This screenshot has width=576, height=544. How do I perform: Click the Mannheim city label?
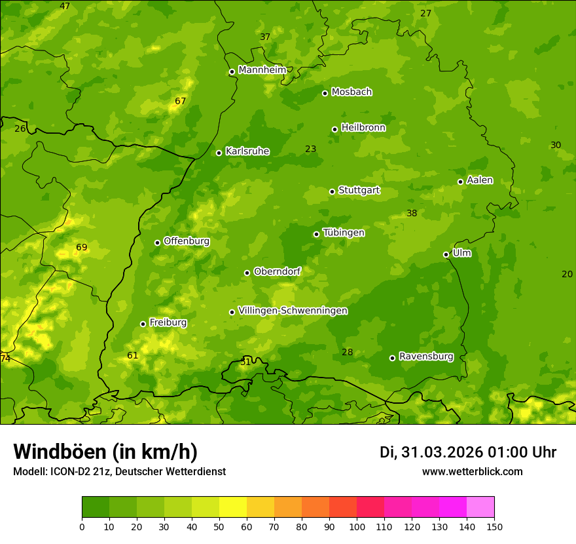point(262,70)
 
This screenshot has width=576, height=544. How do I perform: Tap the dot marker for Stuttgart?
point(333,191)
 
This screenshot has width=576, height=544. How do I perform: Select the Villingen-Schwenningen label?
point(293,311)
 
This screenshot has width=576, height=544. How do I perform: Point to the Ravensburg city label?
point(426,357)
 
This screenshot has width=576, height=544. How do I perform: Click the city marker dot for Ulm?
point(446,254)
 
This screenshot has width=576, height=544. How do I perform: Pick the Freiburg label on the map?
point(168,322)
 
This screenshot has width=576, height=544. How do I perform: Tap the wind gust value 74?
point(5,359)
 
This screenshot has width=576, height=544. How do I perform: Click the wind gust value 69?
point(81,247)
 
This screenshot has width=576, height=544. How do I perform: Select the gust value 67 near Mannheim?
point(181,101)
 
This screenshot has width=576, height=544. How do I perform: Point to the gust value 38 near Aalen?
point(412,213)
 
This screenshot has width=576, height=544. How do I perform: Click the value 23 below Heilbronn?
point(310,149)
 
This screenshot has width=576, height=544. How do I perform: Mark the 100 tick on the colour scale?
point(357,526)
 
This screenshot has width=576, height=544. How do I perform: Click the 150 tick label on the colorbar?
point(494,526)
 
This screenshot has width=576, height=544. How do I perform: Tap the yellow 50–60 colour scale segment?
point(233,507)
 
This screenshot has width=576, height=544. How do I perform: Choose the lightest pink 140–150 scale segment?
point(480,507)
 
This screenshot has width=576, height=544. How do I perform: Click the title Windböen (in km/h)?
point(105,452)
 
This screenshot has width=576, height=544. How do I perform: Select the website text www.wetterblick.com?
point(472,471)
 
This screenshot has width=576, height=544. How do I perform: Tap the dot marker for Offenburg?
point(157,243)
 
